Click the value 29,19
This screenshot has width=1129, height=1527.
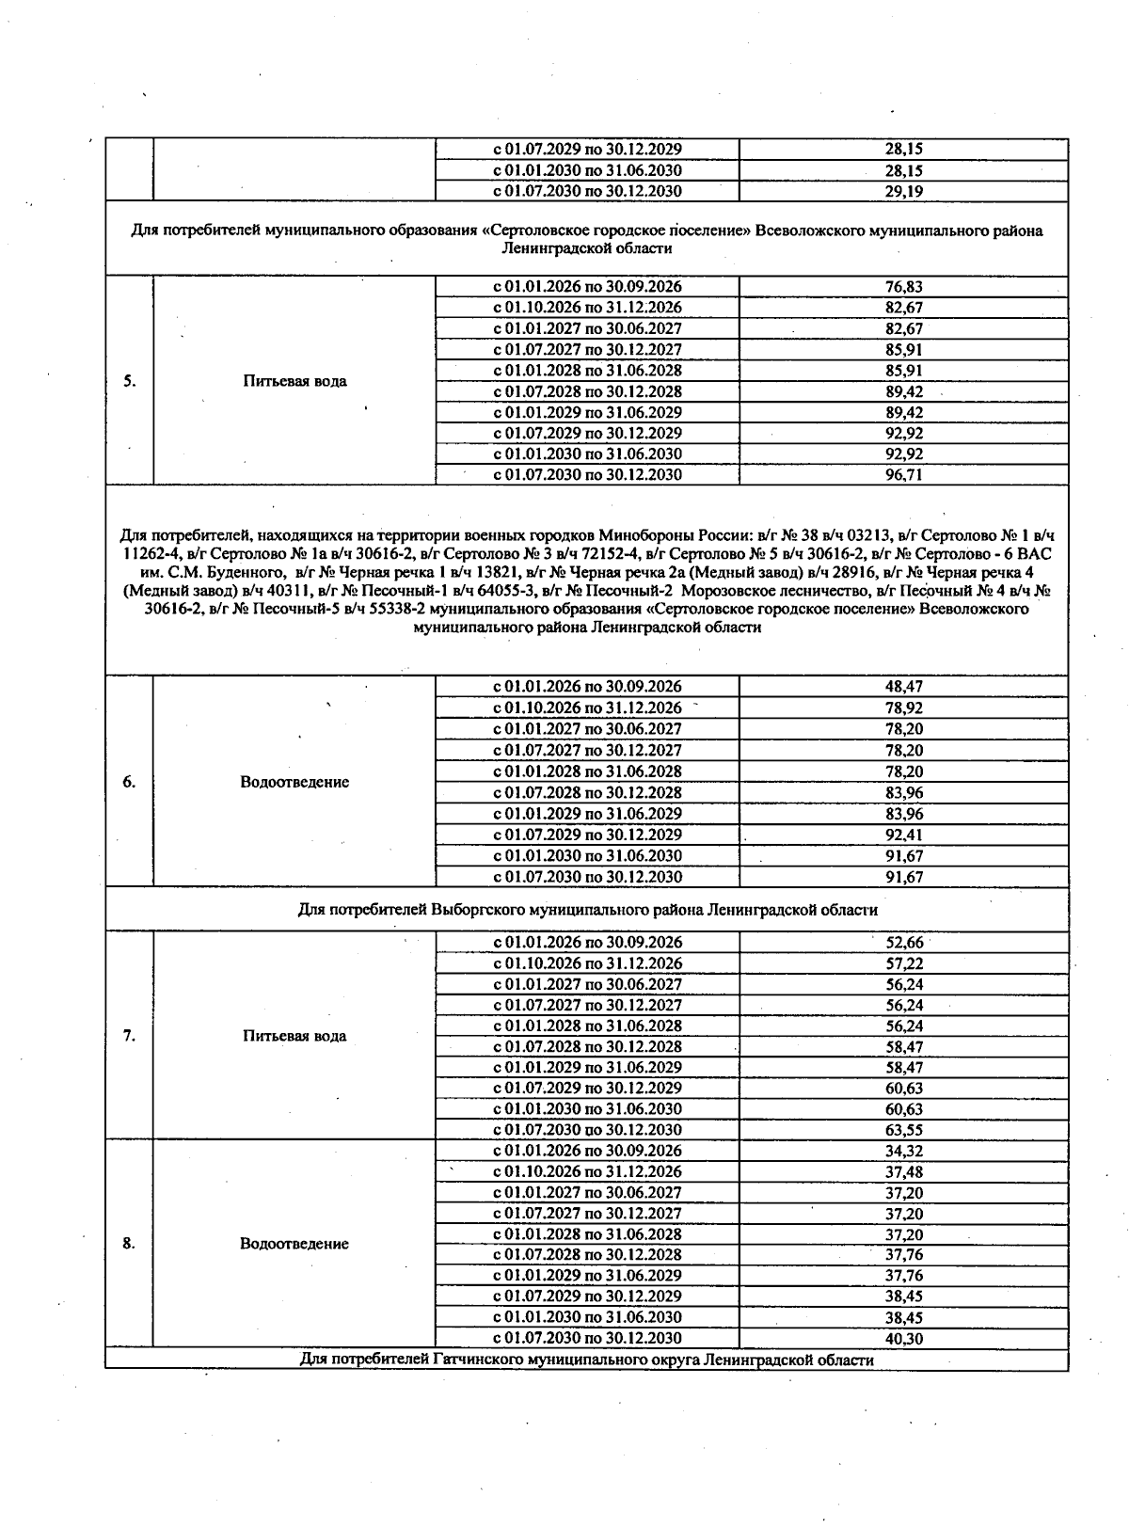tap(903, 191)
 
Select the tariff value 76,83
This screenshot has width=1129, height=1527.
tap(903, 287)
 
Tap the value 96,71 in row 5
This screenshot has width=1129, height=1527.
tap(903, 475)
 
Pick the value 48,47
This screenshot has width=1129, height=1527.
tap(903, 687)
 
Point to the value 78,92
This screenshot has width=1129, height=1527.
tap(903, 708)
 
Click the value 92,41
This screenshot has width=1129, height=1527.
tap(903, 835)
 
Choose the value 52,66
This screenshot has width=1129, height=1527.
tap(903, 943)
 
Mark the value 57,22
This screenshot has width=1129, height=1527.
tap(903, 963)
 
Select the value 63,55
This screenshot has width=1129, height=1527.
tap(903, 1130)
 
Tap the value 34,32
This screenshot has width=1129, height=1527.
tap(903, 1151)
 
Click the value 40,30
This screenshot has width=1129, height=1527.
tap(903, 1338)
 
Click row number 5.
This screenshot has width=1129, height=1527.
tap(129, 381)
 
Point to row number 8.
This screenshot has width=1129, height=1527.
tap(129, 1244)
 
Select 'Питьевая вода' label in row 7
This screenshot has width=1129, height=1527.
tap(294, 1036)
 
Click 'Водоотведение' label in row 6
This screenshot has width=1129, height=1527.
tap(294, 782)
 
